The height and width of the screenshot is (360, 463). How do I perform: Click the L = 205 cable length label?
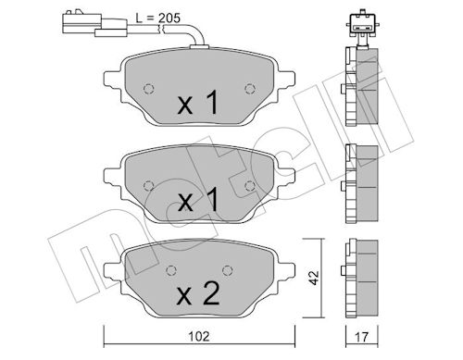(158, 19)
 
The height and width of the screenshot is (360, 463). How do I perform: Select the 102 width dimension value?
(199, 336)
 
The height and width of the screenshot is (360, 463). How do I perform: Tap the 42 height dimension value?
(314, 278)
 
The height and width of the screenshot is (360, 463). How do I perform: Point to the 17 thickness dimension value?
(362, 337)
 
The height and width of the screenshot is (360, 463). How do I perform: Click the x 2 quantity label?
(198, 293)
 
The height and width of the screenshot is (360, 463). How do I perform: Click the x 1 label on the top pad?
(198, 103)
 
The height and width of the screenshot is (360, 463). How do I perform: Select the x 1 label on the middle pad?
(198, 200)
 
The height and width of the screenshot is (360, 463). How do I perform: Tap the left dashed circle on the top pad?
(149, 89)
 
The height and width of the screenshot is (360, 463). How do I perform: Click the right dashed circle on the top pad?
(250, 89)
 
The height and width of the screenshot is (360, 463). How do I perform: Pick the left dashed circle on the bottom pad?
(171, 270)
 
